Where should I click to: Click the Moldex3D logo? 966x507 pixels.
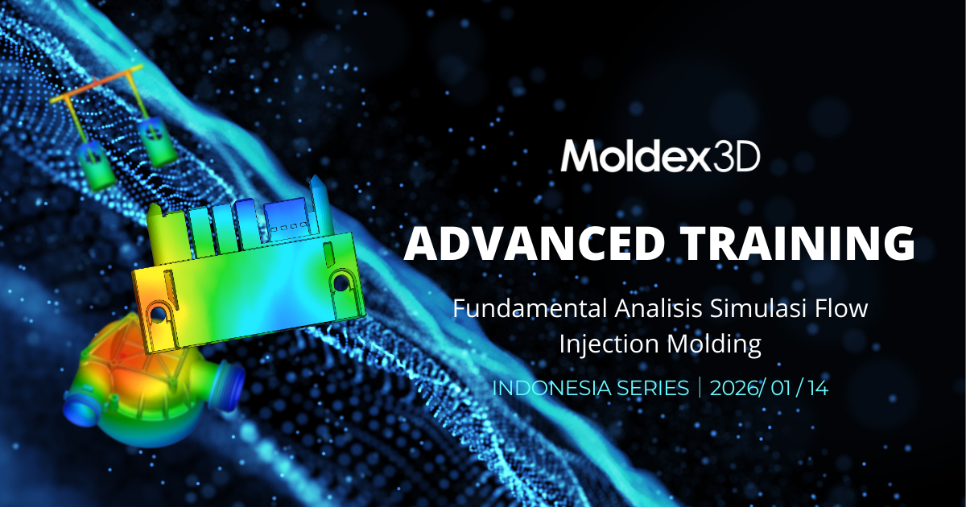pyautogui.click(x=660, y=156)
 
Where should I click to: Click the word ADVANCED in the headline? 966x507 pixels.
pyautogui.click(x=533, y=244)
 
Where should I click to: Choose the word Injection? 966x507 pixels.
pyautogui.click(x=610, y=344)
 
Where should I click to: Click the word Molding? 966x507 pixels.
pyautogui.click(x=716, y=344)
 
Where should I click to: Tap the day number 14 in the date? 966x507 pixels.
pyautogui.click(x=818, y=388)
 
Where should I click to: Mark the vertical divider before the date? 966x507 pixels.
pyautogui.click(x=700, y=388)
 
